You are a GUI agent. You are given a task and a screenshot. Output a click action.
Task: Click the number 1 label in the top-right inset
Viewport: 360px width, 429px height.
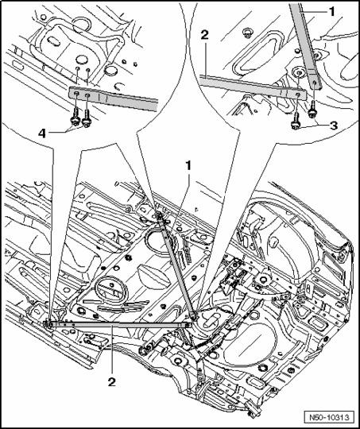tap(331, 12)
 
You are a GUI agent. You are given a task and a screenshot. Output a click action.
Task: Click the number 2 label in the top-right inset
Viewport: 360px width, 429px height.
tap(204, 35)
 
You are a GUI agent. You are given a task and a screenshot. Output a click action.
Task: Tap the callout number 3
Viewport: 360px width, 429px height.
tap(333, 126)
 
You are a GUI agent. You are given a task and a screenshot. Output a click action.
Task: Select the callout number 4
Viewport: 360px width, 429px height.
tap(42, 133)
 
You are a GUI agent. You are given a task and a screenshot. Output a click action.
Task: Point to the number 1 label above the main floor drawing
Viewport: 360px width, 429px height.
tap(188, 166)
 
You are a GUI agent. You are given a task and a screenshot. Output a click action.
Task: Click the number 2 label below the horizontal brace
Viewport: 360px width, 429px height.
tap(112, 381)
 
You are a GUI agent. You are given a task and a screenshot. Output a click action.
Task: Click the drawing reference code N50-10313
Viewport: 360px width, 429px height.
tap(329, 418)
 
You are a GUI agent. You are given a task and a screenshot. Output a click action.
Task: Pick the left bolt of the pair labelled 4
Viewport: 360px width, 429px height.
tap(75, 117)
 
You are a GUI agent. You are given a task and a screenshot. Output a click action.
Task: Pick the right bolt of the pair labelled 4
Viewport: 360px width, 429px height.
tap(87, 118)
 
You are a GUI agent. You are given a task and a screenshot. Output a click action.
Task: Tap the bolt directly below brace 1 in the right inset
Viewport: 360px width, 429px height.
tap(312, 110)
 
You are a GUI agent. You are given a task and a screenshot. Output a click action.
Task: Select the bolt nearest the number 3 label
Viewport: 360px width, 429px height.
tap(295, 122)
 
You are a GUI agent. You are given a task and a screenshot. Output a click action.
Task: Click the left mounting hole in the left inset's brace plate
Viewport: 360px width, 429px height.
tap(77, 94)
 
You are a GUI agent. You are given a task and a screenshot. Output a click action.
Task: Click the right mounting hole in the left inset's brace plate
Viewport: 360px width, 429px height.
tap(88, 95)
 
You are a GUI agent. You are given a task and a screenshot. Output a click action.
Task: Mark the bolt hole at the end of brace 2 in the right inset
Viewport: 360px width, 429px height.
tap(298, 95)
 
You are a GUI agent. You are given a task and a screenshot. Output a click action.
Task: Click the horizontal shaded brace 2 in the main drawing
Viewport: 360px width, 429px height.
tap(118, 324)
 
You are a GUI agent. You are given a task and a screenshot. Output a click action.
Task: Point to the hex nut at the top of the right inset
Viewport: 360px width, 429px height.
tap(247, 32)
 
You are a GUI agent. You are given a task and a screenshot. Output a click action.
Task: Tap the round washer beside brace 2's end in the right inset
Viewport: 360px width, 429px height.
tap(298, 73)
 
